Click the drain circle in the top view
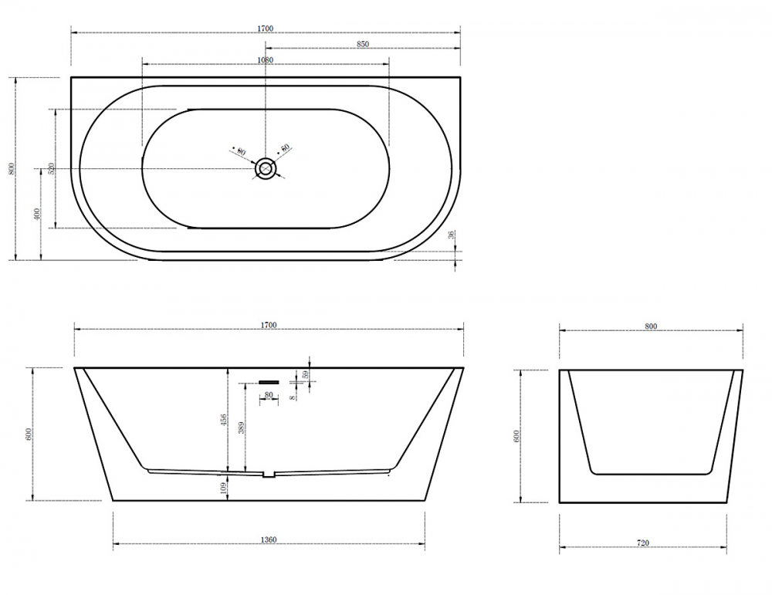266,168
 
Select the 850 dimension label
363,45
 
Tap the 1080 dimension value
265,60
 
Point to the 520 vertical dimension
51,169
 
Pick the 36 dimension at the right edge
450,236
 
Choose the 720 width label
643,543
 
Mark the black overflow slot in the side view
268,380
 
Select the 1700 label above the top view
266,29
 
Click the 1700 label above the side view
269,326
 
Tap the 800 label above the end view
650,326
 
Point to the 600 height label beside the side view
29,434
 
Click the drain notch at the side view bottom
268,475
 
